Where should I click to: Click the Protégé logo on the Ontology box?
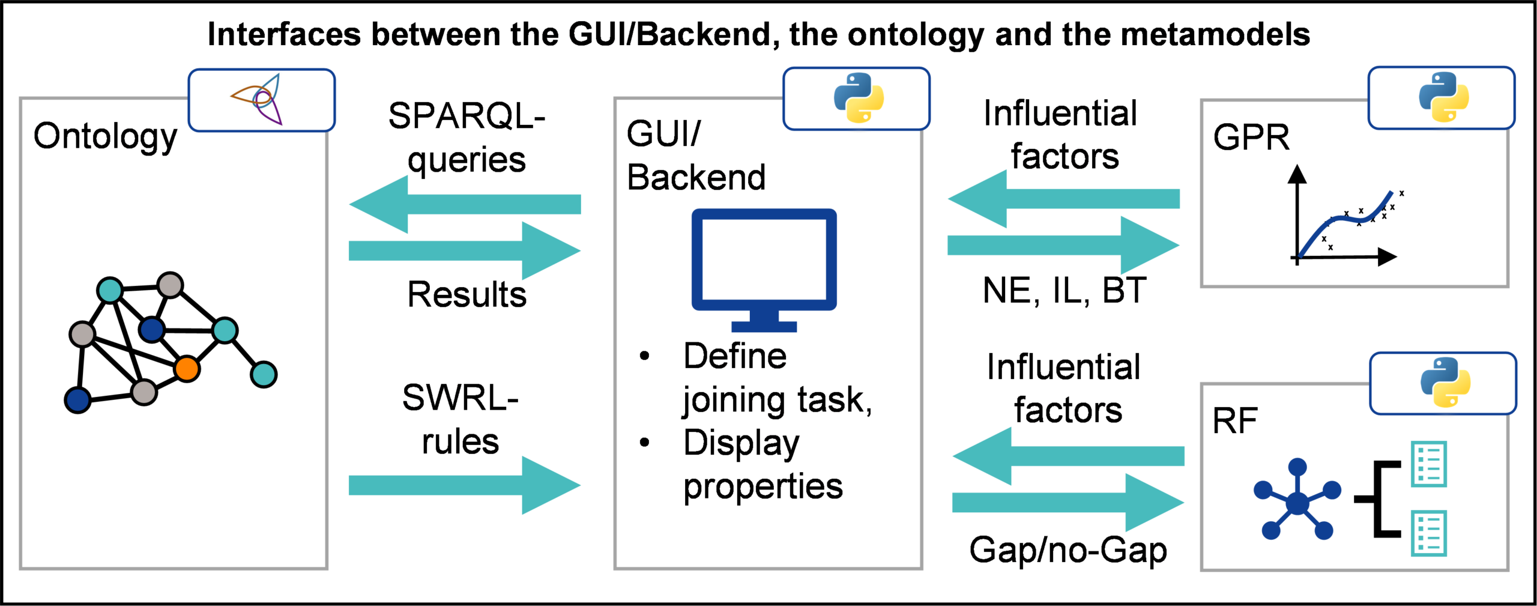coord(261,100)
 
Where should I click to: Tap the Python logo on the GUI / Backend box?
coord(859,98)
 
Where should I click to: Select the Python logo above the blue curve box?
coord(1443,97)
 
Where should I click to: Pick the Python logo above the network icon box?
coord(1445,383)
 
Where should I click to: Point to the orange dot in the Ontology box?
coord(187,369)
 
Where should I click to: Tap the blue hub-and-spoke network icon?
coord(1297,501)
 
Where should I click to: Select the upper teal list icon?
coord(1428,464)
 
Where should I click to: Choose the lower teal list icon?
coord(1428,534)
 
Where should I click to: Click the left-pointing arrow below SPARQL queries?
coord(464,204)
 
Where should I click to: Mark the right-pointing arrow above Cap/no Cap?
coord(1069,502)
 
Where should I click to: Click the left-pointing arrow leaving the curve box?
coord(1063,198)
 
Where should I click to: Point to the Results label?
coord(471,295)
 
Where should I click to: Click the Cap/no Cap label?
coord(1068,549)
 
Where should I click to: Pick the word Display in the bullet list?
coord(745,443)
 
